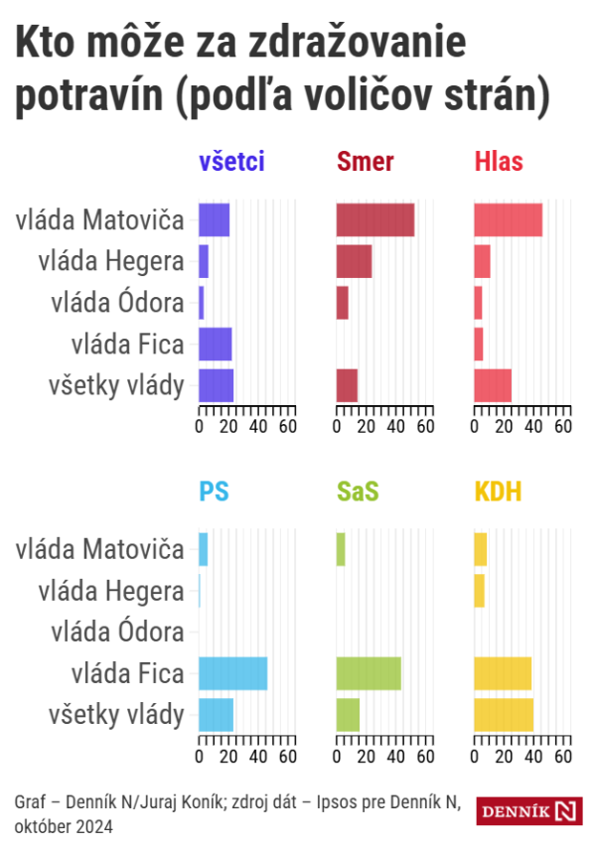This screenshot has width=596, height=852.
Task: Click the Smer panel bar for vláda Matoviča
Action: pyautogui.click(x=374, y=220)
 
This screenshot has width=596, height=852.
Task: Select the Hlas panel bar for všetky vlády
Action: pyautogui.click(x=493, y=385)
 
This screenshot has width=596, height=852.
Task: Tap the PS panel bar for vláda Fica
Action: pyautogui.click(x=232, y=673)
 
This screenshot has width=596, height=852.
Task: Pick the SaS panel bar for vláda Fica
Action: pyautogui.click(x=369, y=673)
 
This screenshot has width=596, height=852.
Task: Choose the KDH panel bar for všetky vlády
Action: pyautogui.click(x=504, y=715)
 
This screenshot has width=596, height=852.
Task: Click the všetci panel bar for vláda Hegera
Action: pyautogui.click(x=204, y=261)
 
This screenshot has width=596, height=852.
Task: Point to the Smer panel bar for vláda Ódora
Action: pyautogui.click(x=343, y=302)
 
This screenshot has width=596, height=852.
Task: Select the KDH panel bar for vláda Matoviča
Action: pyautogui.click(x=481, y=549)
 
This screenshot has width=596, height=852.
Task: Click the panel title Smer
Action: pyautogui.click(x=366, y=162)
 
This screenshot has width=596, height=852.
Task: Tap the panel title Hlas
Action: pyautogui.click(x=499, y=162)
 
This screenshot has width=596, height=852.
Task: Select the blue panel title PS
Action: pyautogui.click(x=214, y=491)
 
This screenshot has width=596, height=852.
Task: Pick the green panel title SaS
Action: pyautogui.click(x=358, y=491)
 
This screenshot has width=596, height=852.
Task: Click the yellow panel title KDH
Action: pyautogui.click(x=499, y=491)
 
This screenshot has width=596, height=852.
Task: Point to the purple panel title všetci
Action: pyautogui.click(x=231, y=162)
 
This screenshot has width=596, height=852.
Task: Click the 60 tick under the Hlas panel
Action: pyautogui.click(x=563, y=427)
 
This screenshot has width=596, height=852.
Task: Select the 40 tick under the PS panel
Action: pyautogui.click(x=258, y=757)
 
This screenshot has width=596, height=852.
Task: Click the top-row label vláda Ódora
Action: pyautogui.click(x=117, y=303)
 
